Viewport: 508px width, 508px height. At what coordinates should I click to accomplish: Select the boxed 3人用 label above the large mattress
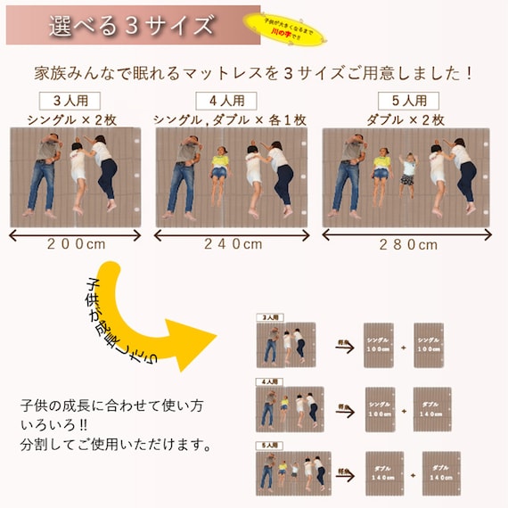(x=70, y=100)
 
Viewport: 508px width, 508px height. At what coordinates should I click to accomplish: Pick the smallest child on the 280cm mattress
(x=409, y=173)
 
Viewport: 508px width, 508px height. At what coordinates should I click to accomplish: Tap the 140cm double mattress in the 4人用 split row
(x=433, y=410)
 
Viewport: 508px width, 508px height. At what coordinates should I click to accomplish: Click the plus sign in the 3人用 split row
(x=403, y=347)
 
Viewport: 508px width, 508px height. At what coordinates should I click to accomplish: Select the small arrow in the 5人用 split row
(x=344, y=472)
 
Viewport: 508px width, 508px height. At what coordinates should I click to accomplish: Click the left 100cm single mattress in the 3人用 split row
(x=380, y=346)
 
